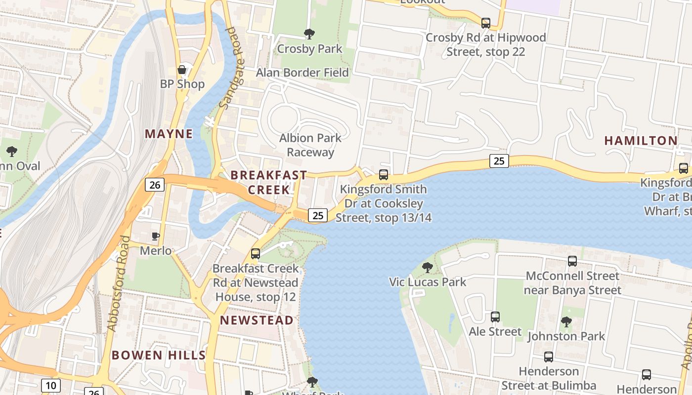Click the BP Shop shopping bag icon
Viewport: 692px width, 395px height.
(182, 70)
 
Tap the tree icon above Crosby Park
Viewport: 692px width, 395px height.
(309, 34)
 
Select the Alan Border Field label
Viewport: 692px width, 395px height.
(302, 73)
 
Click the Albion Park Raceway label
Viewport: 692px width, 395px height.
(310, 145)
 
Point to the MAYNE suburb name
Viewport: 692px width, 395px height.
(169, 134)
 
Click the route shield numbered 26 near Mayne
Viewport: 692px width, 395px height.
(155, 185)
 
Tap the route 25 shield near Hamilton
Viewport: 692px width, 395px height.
(499, 160)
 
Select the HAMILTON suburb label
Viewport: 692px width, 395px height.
(641, 141)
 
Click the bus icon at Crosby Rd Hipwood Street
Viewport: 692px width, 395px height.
(485, 23)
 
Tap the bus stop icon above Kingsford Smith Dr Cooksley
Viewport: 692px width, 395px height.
(383, 174)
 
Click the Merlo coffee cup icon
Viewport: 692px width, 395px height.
(155, 236)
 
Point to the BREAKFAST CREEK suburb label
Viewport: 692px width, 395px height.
(269, 182)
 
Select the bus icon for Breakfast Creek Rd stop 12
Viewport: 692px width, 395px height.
(255, 254)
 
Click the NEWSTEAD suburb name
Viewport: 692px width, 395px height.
(257, 320)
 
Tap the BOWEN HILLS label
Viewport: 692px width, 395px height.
(158, 355)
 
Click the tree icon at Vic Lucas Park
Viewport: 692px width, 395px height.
(427, 268)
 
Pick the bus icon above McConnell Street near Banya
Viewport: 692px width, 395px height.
(572, 261)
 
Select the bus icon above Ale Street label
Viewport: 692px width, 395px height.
(495, 317)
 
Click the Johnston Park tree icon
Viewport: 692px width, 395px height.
(566, 322)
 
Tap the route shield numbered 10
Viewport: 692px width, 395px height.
(51, 385)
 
